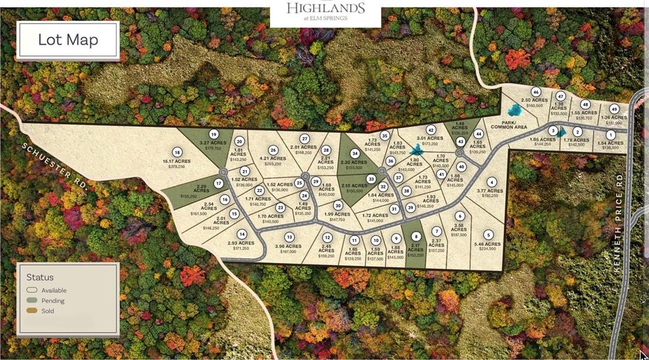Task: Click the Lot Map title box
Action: tap(67, 40)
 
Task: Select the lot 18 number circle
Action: tap(177, 152)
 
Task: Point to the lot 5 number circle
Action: tap(488, 235)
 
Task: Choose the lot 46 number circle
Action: tap(536, 92)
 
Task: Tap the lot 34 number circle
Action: tap(355, 154)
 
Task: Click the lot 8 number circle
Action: tap(416, 237)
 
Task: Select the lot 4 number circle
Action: tap(491, 182)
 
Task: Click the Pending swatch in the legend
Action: tap(32, 301)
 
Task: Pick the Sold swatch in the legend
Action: tap(32, 311)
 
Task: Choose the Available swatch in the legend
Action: tap(32, 290)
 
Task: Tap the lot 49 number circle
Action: tap(614, 109)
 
